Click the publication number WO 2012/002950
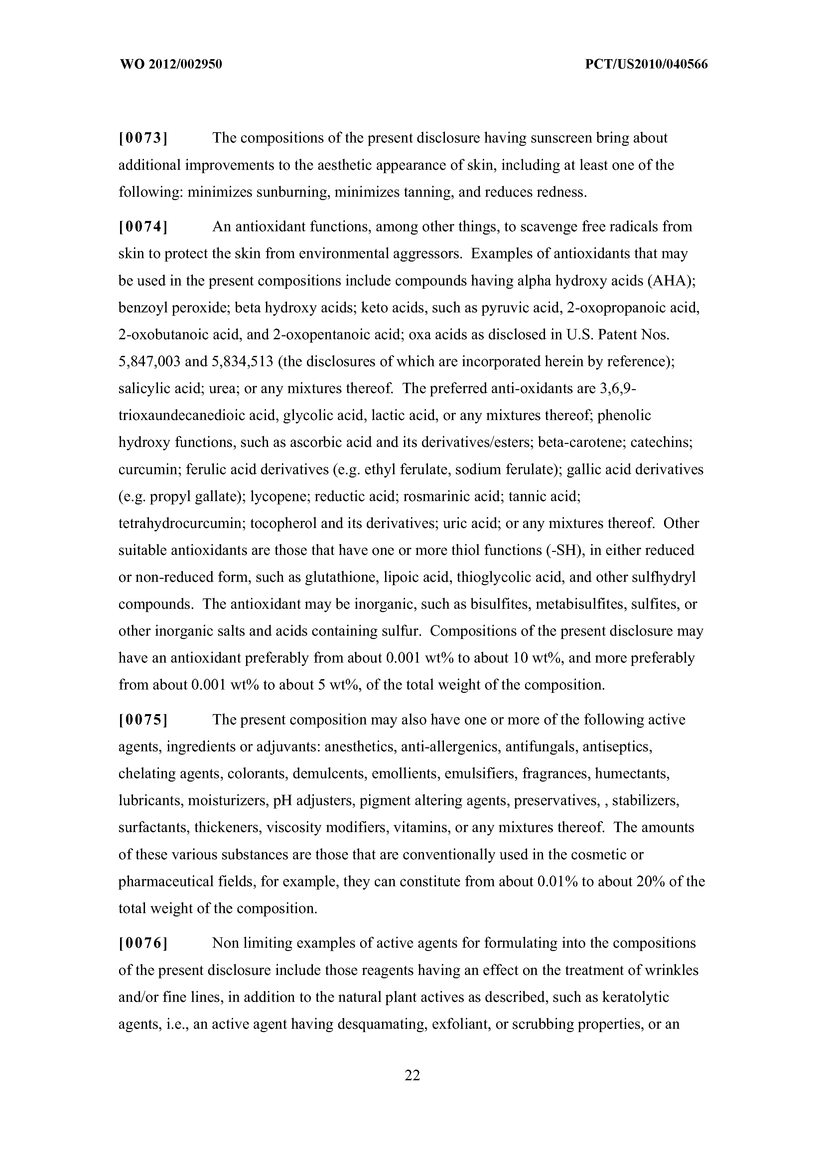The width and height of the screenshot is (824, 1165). click(171, 64)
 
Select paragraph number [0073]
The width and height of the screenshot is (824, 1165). click(143, 138)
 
